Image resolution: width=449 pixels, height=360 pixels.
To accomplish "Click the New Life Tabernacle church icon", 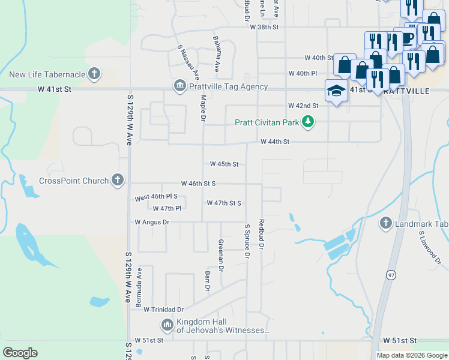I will tap(93, 74).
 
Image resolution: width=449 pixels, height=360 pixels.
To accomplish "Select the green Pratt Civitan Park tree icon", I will tap(308, 122).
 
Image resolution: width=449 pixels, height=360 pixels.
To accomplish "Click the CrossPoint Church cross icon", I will tap(118, 180).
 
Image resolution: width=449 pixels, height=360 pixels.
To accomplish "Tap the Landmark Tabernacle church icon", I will tap(386, 224).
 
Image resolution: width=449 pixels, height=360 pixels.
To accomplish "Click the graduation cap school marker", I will tap(336, 91).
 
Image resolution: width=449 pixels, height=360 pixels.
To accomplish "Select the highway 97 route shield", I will tap(390, 274).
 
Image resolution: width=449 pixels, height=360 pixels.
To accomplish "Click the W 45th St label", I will tap(224, 164).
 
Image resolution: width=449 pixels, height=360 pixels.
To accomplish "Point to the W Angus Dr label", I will tap(152, 222).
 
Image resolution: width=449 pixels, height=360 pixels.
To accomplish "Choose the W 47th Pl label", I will tap(166, 209).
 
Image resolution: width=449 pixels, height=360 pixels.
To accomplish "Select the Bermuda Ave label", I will tap(139, 288).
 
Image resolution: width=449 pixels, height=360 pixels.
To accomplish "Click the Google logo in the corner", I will tap(20, 353).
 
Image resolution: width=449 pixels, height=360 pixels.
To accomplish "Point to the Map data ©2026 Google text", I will tap(411, 355).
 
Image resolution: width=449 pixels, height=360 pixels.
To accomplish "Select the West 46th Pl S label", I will tap(157, 197).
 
